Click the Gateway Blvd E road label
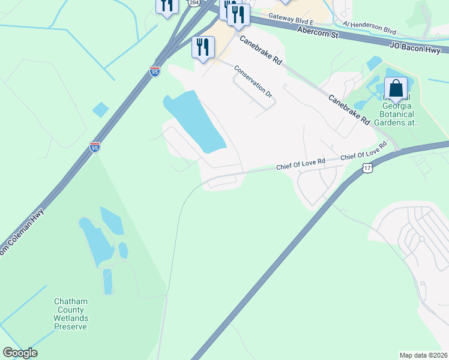[x=291, y=19]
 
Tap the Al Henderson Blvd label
[x=370, y=27]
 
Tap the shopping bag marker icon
[x=396, y=89]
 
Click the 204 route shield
[x=193, y=3]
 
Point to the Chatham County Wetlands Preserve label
[x=71, y=314]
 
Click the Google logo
[x=20, y=353]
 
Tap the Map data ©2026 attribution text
[x=423, y=355]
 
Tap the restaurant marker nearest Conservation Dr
[x=203, y=47]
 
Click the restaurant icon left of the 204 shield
[x=166, y=5]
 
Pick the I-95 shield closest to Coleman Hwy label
[x=95, y=146]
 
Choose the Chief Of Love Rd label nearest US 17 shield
[x=364, y=152]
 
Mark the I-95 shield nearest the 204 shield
[x=155, y=71]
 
